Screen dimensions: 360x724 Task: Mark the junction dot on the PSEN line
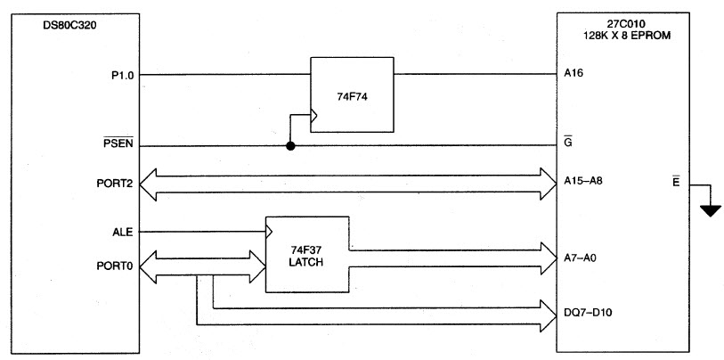pos(290,146)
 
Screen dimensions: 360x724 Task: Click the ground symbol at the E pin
pos(710,210)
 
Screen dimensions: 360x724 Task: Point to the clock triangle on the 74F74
pos(313,114)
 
